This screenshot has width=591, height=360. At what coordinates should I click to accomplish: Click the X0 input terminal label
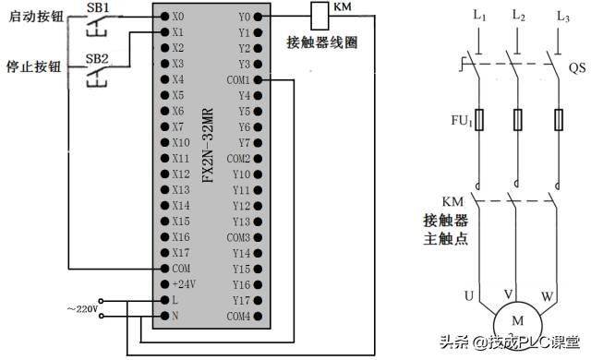(178, 16)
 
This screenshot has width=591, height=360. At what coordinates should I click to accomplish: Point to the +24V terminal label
(183, 284)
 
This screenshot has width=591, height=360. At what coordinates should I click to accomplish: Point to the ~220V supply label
(81, 307)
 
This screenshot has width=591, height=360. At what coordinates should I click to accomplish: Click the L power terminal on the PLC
(175, 300)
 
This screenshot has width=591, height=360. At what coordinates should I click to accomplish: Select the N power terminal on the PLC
(175, 316)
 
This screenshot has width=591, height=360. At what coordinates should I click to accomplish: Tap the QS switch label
(575, 68)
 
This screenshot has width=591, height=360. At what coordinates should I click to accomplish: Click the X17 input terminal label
(180, 253)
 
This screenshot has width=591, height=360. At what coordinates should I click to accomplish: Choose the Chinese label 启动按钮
(33, 17)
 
